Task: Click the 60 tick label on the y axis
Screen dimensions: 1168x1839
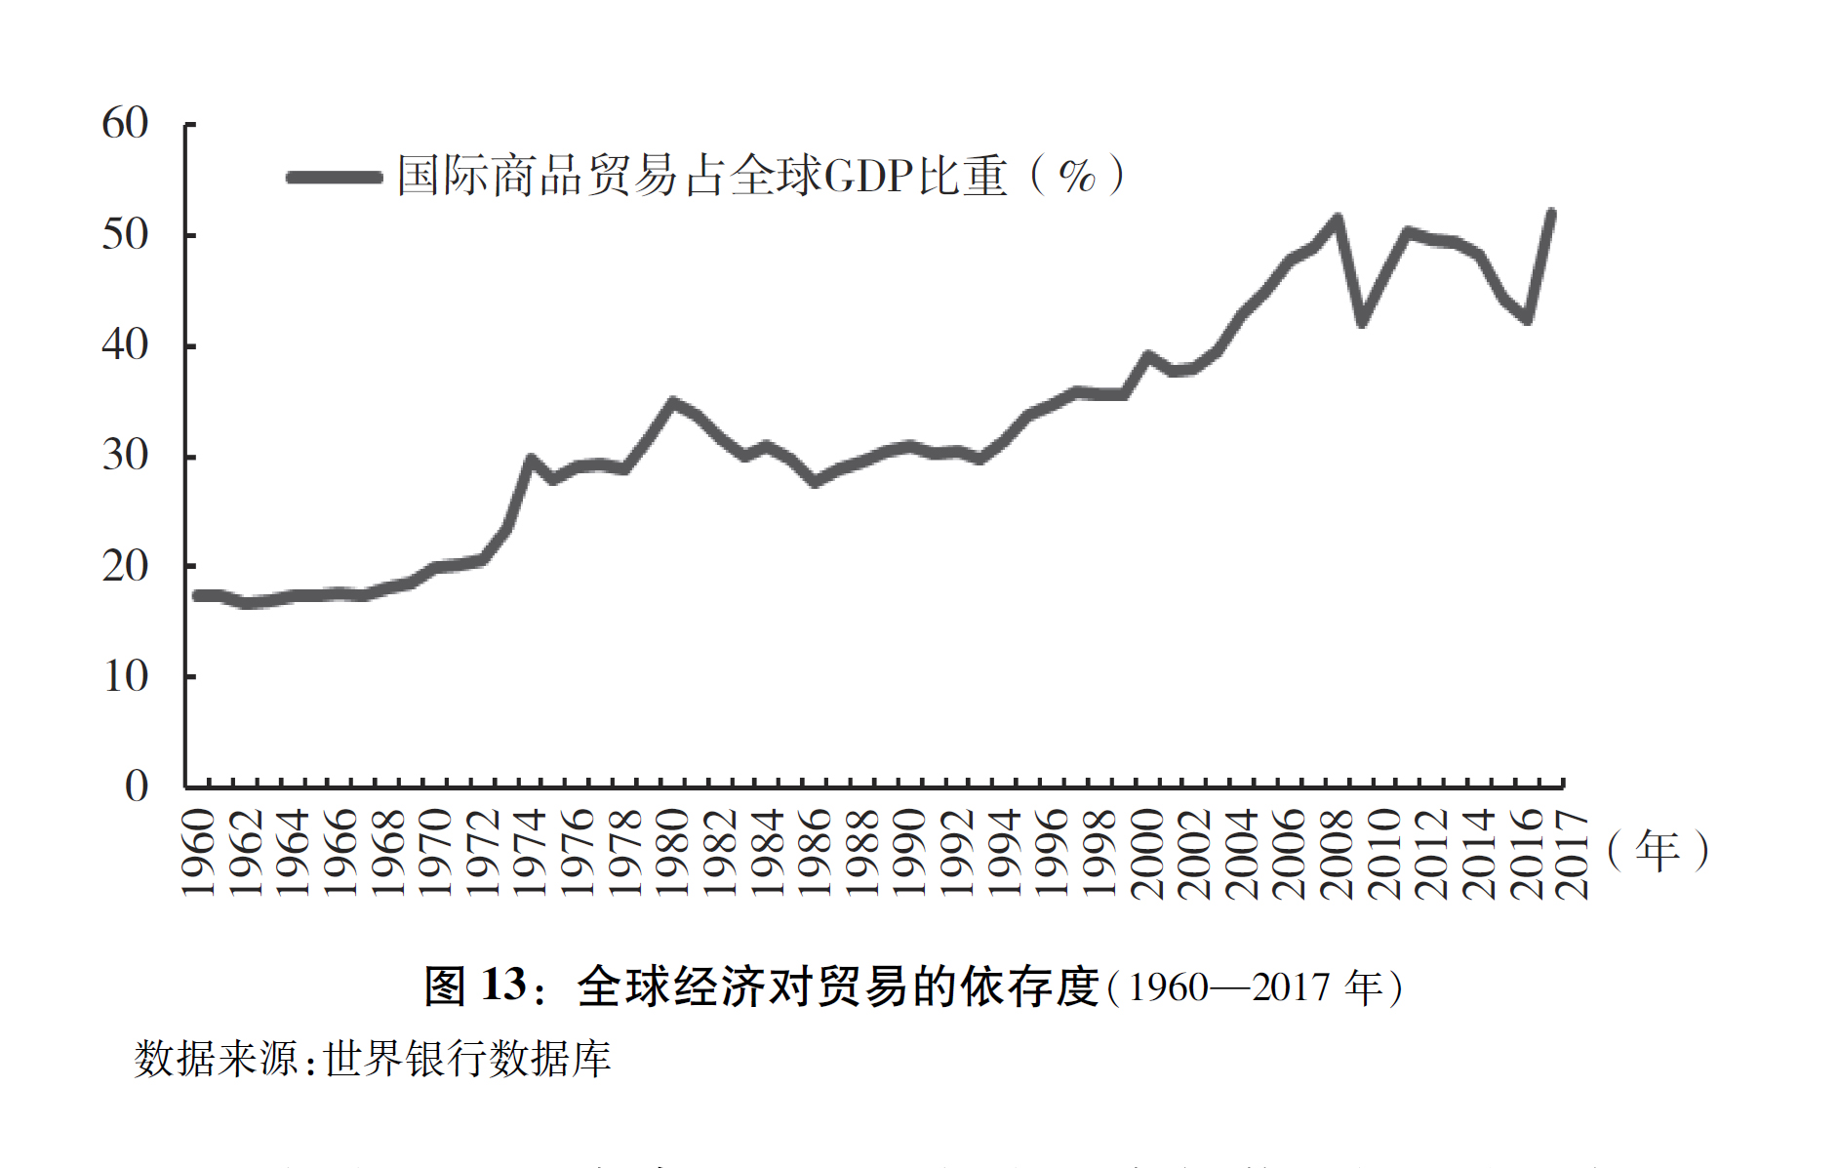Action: point(125,124)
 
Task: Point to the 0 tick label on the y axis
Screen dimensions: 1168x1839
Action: point(137,785)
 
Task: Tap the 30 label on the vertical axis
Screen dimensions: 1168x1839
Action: point(125,456)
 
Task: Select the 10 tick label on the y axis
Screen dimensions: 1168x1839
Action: point(125,676)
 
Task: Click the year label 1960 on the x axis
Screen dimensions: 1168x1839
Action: point(198,853)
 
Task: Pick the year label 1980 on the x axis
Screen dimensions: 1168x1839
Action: point(673,853)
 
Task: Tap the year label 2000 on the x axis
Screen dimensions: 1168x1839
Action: point(1148,853)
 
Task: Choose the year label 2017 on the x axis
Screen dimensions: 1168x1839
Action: point(1573,853)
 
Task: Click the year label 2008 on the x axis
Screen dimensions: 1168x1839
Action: point(1338,853)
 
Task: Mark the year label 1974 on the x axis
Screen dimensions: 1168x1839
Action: point(531,853)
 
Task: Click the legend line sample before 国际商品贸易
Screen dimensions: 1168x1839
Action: point(335,177)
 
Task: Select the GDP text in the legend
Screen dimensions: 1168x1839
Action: point(868,177)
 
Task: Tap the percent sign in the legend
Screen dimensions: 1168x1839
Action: point(1077,177)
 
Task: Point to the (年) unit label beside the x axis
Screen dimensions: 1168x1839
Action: point(1658,849)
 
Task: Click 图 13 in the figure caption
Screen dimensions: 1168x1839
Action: point(475,986)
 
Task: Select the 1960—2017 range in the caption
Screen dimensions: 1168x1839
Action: point(1229,987)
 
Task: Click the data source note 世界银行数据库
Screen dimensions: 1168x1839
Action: point(467,1059)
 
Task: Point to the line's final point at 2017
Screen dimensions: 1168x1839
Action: point(1551,213)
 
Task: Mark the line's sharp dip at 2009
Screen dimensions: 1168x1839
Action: point(1362,321)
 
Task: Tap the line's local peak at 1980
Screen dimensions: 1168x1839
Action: point(673,402)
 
